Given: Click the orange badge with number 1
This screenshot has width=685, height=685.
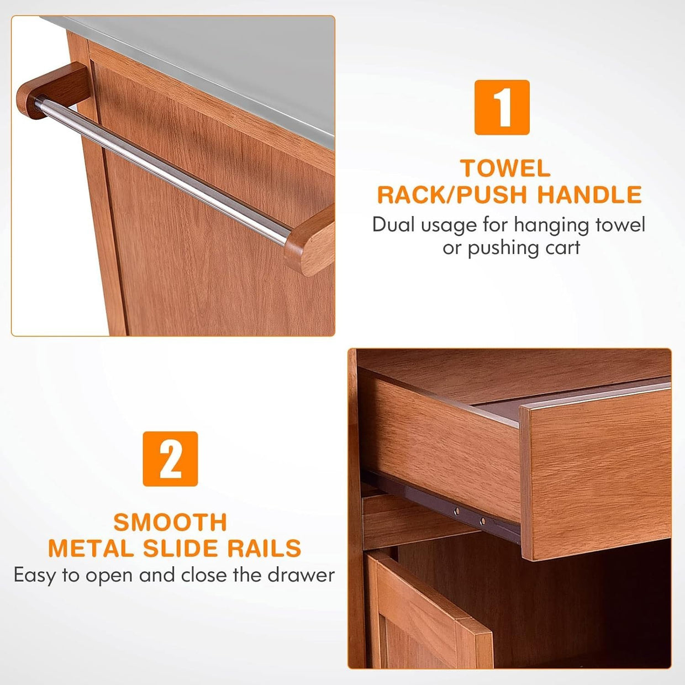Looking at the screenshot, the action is pos(502,107).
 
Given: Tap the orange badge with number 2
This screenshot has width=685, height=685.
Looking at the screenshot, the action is pos(170,459).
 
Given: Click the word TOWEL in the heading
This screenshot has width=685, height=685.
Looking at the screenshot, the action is pos(505,168).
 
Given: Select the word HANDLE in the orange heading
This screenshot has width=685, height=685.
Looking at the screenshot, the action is pos(589,194).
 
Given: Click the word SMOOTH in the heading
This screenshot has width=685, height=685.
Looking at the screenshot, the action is pos(170,522).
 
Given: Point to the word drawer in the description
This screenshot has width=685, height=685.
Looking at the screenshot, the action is pos(301,575).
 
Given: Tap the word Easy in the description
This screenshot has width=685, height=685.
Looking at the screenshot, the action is pos(35,576).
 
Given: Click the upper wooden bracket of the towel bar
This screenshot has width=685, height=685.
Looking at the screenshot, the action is pos(54,89).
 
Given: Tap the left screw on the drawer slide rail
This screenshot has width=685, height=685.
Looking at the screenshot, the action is pos(457,511).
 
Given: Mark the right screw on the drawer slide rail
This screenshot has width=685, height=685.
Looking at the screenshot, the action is pos(482,521).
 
